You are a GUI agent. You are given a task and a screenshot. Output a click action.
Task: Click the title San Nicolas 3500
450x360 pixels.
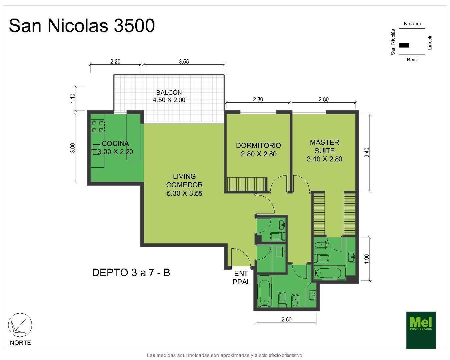pos(82,26)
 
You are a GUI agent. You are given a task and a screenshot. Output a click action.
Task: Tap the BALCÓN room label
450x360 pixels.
pos(169,96)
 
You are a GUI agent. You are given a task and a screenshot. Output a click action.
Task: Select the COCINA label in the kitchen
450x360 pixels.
pos(115,144)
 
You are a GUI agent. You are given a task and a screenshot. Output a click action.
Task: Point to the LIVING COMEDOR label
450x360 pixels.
pos(184,185)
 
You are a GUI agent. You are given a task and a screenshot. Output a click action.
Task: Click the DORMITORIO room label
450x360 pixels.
pos(258,149)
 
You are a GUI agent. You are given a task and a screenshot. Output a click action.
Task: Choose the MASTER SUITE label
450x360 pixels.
pos(324,150)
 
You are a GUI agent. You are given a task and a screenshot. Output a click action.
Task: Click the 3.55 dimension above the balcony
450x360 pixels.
pos(184,62)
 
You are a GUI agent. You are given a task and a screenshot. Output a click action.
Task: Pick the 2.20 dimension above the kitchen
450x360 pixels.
pos(115,62)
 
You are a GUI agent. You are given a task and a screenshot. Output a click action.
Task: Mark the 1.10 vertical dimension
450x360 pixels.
pos(73,98)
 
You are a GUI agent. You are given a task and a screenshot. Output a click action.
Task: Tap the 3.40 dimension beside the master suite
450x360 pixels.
pos(367,152)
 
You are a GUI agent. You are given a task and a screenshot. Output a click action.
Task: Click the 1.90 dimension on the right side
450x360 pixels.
pos(367,259)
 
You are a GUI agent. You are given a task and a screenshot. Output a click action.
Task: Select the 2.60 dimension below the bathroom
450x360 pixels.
pos(286,319)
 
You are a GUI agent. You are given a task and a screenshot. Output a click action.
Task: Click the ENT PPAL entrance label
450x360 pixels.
pos(241,278)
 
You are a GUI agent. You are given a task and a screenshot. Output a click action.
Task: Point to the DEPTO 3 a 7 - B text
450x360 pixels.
pos(131,273)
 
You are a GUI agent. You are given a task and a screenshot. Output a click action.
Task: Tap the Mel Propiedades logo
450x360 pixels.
pos(421,330)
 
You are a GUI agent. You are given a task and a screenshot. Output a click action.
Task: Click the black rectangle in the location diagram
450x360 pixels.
pos(404,45)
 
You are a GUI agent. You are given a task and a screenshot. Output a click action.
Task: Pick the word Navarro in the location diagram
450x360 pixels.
pos(412,24)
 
